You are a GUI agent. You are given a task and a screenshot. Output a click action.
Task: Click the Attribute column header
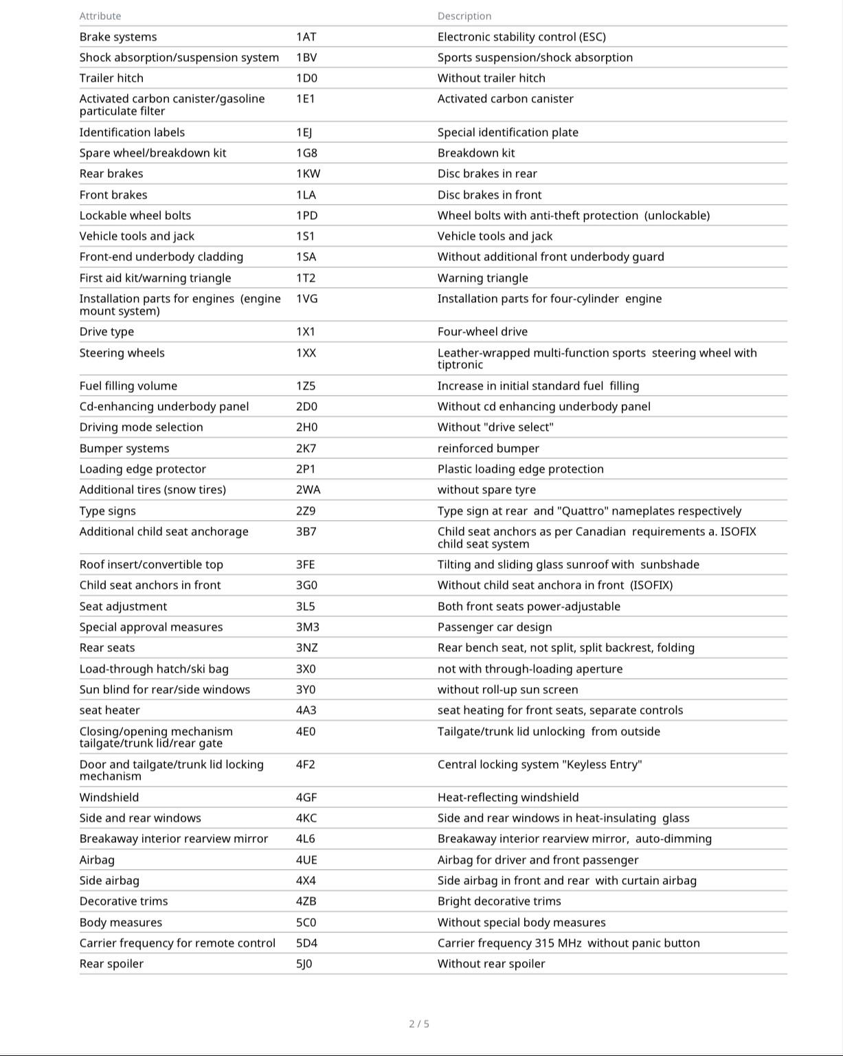coord(100,16)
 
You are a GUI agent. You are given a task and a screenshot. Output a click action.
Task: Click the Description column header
coord(464,16)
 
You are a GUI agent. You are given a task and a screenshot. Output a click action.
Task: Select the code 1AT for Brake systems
coord(306,37)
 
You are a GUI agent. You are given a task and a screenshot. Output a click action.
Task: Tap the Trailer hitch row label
coord(111,78)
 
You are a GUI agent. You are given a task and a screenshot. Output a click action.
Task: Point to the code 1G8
coord(306,153)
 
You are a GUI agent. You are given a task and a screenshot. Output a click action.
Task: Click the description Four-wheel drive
coord(482,332)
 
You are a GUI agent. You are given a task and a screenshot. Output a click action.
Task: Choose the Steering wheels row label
coord(122,353)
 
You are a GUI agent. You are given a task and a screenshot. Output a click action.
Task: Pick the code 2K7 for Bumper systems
coord(306,449)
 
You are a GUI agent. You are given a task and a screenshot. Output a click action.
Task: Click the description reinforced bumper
coord(488,449)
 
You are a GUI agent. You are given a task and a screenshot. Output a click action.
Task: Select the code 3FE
coord(306,565)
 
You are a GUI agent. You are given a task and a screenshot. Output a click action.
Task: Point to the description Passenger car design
coord(495,627)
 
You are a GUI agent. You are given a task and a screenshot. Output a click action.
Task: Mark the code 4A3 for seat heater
coord(306,710)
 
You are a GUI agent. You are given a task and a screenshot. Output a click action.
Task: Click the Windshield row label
coord(109,798)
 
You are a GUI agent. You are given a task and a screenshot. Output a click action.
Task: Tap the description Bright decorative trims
coord(499,901)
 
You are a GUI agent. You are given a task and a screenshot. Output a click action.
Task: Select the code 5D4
coord(306,943)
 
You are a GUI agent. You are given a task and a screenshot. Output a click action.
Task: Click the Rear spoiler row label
coord(111,964)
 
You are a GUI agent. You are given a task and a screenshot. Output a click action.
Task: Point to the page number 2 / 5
coord(419,1024)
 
